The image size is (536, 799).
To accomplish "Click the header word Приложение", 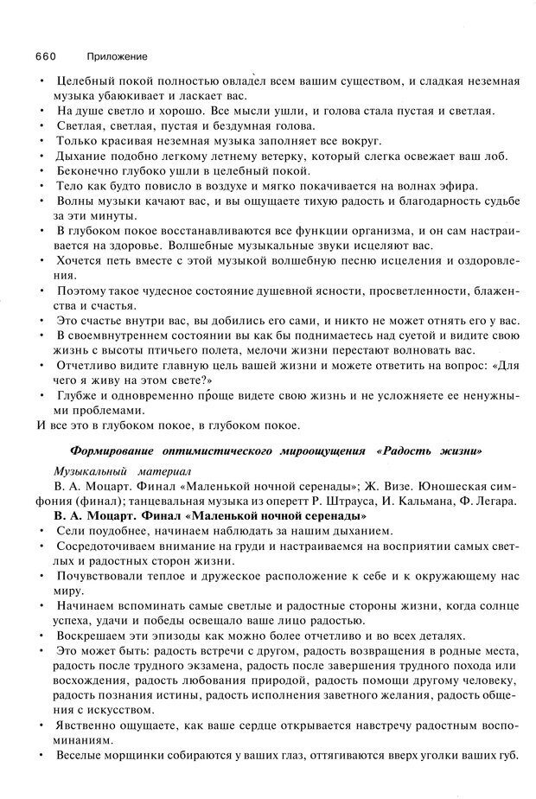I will pos(112,56).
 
